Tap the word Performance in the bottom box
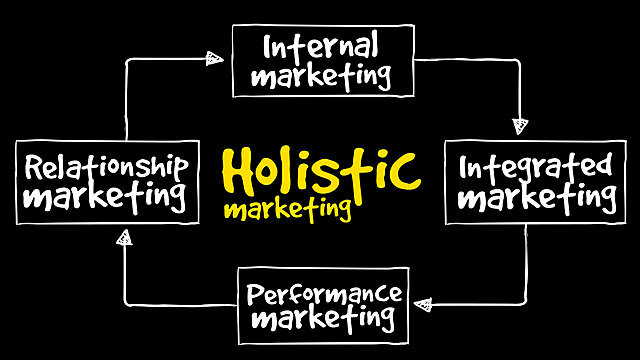click(x=325, y=295)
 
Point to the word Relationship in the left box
click(x=106, y=165)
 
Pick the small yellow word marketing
click(x=287, y=209)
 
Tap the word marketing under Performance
click(x=325, y=321)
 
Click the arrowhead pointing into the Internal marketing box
click(x=213, y=58)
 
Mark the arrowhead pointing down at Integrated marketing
click(x=519, y=125)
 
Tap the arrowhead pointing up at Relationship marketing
click(x=124, y=237)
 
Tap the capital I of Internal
click(x=269, y=46)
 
